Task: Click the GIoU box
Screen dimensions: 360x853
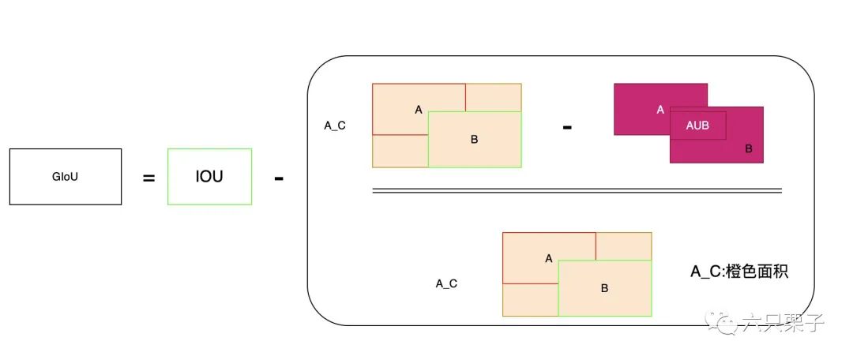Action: pyautogui.click(x=66, y=177)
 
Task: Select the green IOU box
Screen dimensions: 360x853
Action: pyautogui.click(x=209, y=177)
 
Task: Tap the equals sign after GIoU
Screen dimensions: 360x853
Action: pyautogui.click(x=148, y=178)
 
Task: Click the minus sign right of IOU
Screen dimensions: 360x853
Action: pyautogui.click(x=279, y=178)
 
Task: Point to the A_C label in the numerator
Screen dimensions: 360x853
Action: pyautogui.click(x=335, y=126)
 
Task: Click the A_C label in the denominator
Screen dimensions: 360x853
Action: pyautogui.click(x=446, y=283)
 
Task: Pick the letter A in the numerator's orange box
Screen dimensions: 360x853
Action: pyautogui.click(x=419, y=110)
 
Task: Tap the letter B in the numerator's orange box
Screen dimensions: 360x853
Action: pyautogui.click(x=474, y=140)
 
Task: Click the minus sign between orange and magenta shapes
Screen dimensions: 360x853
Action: pyautogui.click(x=567, y=126)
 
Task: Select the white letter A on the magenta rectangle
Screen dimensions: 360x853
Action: pyautogui.click(x=660, y=110)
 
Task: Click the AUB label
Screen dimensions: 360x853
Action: pyautogui.click(x=697, y=126)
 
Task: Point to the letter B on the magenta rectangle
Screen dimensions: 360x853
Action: pyautogui.click(x=748, y=148)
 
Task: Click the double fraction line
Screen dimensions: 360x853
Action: pyautogui.click(x=577, y=190)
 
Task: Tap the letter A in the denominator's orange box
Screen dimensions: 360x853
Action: pyautogui.click(x=549, y=258)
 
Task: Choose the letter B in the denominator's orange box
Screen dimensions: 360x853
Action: pyautogui.click(x=604, y=288)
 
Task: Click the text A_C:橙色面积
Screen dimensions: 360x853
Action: pyautogui.click(x=739, y=272)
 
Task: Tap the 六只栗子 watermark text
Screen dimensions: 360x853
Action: pyautogui.click(x=781, y=323)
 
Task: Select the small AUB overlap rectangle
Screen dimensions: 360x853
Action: pyautogui.click(x=697, y=126)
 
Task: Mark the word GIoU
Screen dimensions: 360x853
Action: pyautogui.click(x=66, y=177)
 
